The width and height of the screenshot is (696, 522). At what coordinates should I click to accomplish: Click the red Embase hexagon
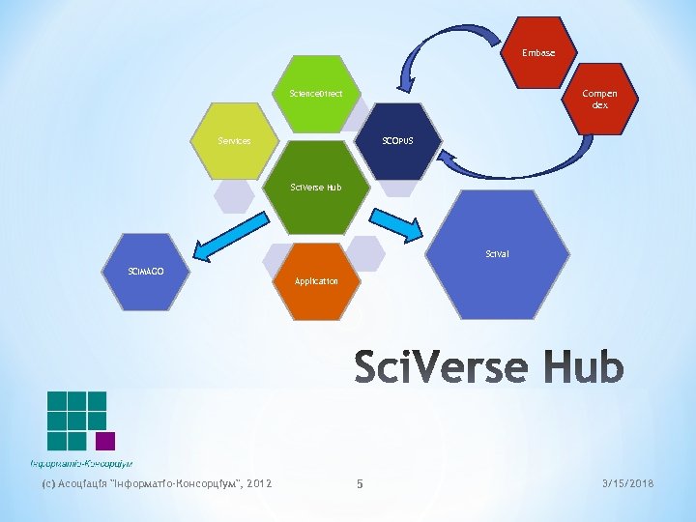point(538,52)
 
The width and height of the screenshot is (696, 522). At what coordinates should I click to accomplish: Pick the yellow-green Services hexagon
point(234,141)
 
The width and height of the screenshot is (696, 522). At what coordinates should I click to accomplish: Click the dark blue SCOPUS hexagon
point(397,141)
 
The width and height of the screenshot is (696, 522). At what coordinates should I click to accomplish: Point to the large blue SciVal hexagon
point(498,254)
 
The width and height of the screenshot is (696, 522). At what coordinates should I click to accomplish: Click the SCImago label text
point(146,271)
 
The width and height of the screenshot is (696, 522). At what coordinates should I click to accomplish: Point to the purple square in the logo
point(105,441)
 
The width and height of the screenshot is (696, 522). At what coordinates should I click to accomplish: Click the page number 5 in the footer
point(359,483)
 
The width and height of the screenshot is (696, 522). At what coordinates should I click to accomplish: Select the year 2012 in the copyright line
point(259,483)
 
